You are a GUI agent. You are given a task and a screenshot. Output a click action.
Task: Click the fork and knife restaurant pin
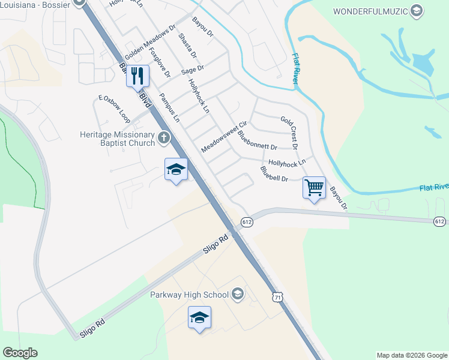coord(137,76)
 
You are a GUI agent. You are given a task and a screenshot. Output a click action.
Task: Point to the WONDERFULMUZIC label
coord(371,11)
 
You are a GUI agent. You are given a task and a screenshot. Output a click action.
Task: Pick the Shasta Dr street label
coord(187,46)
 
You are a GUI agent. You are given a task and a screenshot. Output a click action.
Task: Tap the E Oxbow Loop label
coord(114,107)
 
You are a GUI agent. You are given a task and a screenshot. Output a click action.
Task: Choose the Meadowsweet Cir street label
coord(224,137)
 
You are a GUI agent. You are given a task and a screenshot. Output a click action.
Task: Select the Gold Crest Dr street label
coord(289,133)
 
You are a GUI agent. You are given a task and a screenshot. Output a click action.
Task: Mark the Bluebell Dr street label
coord(274,174)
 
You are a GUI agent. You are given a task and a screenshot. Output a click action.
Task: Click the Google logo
coord(20,353)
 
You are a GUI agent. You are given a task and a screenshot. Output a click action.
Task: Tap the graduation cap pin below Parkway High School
coord(199,318)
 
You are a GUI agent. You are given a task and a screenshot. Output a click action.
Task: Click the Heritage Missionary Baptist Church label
coord(117,139)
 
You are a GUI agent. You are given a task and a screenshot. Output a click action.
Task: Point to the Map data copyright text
coord(412,355)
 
